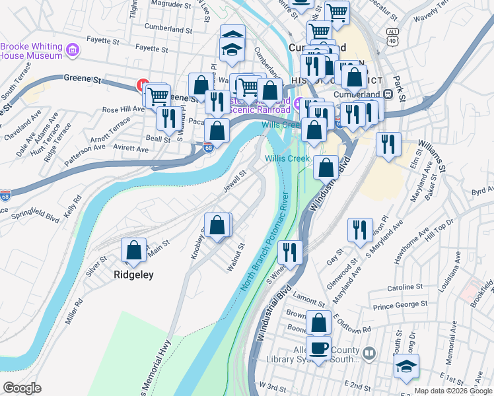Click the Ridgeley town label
coord(133,275)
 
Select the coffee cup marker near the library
coord(318,347)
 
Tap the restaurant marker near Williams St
coord(388,143)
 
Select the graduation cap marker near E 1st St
coord(406,367)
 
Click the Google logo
coord(22,388)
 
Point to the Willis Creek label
coord(287,158)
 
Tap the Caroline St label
coord(405,287)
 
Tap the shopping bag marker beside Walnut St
coord(217,226)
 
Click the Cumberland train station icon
coord(388,94)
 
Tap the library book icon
coord(369,354)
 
